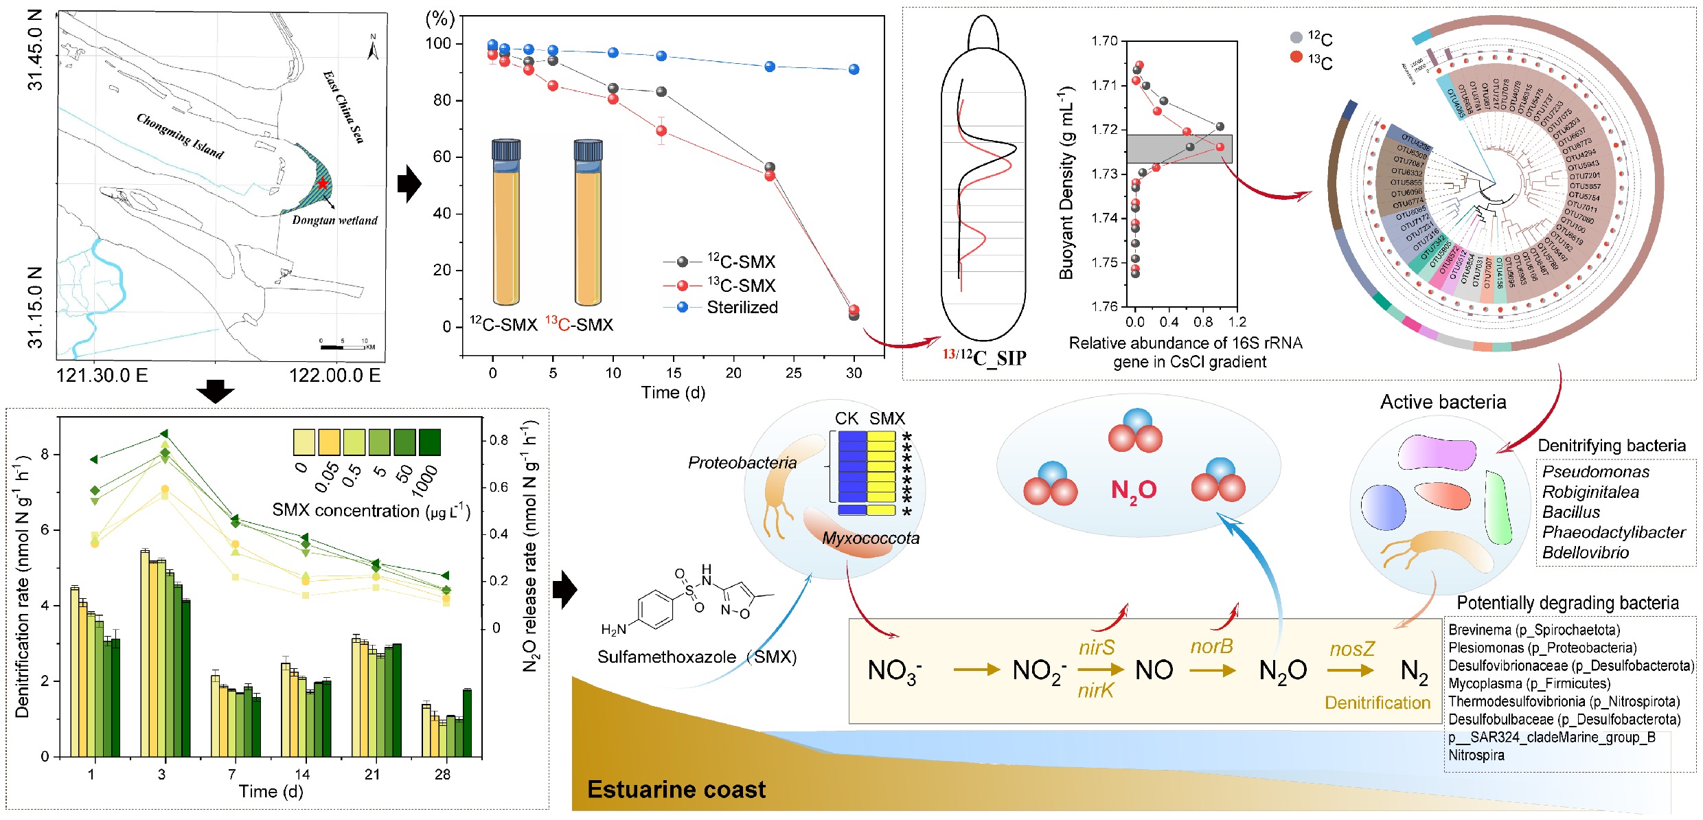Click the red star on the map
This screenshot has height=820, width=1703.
(323, 183)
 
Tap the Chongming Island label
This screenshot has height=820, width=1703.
(180, 135)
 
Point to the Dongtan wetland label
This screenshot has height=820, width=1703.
(334, 220)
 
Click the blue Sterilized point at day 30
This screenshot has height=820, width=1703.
(854, 69)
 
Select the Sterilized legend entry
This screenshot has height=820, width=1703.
(742, 307)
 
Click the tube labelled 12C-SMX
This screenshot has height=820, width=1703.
(506, 223)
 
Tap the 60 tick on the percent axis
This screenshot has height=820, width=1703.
(442, 157)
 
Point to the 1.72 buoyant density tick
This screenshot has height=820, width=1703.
(1105, 129)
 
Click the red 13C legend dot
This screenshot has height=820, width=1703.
(1296, 57)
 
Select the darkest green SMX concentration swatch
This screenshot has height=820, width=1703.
(429, 442)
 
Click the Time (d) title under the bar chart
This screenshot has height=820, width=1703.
(271, 791)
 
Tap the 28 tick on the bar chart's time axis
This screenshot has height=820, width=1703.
(442, 774)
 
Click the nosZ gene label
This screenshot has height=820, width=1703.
(1352, 649)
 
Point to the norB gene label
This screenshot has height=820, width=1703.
(1211, 646)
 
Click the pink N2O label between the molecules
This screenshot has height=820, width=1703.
(1134, 490)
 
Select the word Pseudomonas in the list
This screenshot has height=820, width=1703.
(1595, 472)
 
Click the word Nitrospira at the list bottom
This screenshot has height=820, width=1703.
(1476, 755)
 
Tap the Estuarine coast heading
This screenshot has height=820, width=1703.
(676, 790)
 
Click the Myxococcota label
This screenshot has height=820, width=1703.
(870, 538)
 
